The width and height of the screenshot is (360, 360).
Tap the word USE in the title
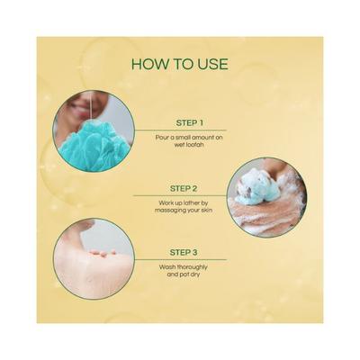212,64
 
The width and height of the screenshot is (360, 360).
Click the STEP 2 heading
184,189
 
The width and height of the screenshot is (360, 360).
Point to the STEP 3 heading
184,253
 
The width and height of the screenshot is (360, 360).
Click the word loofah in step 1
195,145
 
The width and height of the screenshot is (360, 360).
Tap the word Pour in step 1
161,138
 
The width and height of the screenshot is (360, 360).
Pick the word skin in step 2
207,210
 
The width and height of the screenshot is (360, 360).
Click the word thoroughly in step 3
192,267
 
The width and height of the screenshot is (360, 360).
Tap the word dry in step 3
194,274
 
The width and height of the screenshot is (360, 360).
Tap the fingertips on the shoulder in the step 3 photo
103,253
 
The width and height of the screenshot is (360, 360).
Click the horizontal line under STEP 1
181,130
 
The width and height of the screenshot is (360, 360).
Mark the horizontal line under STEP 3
181,259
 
